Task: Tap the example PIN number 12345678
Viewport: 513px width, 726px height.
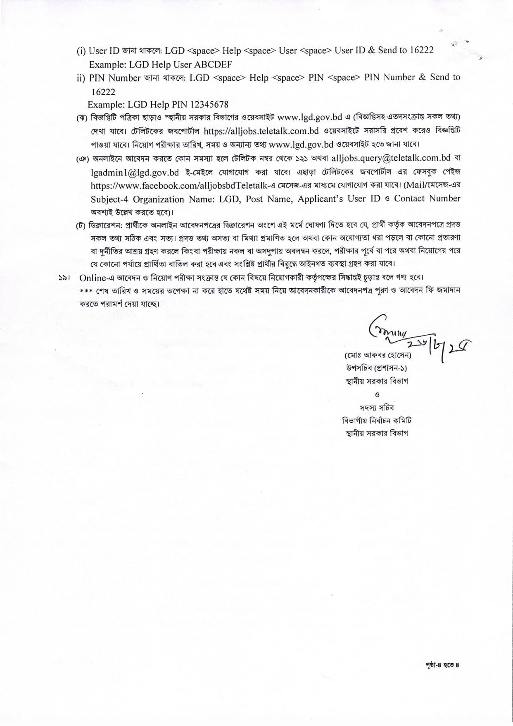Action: [209, 104]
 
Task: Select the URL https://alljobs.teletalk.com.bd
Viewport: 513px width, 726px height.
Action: [261, 131]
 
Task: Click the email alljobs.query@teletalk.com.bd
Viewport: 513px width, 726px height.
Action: [391, 158]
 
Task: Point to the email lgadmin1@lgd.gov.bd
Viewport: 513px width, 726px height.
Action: [135, 172]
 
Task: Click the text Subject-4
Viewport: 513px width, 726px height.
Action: [109, 199]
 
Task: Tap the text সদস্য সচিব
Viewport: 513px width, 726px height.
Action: [377, 407]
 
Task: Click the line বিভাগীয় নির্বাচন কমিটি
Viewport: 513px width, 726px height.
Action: [377, 421]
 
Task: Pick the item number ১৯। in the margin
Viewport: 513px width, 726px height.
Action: [64, 278]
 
